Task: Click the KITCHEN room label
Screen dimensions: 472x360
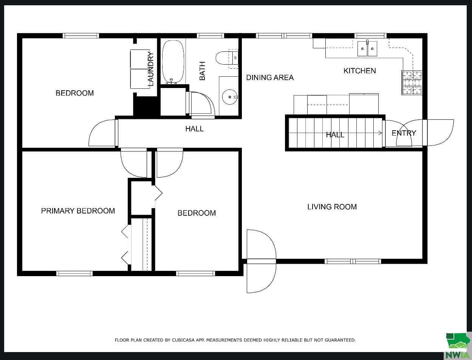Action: pos(359,71)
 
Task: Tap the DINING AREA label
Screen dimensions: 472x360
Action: pos(270,77)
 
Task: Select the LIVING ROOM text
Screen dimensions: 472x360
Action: pos(332,207)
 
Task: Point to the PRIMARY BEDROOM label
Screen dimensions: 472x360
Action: pos(78,211)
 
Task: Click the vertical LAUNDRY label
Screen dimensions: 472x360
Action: pos(151,69)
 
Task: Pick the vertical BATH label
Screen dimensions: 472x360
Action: pos(202,71)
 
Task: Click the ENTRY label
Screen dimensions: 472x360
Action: pos(404,133)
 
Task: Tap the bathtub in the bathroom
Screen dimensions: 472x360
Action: pos(173,62)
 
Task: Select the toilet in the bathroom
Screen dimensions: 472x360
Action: pos(227,58)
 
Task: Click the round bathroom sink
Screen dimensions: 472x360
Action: pos(230,97)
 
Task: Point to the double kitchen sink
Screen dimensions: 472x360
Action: pos(367,49)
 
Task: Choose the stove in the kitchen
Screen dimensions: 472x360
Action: pos(412,82)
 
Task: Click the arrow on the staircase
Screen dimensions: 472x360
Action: pos(335,133)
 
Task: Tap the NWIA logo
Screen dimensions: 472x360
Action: pos(457,346)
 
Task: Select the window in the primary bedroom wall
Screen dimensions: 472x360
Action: pos(74,273)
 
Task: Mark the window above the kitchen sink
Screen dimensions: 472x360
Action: pos(370,36)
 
